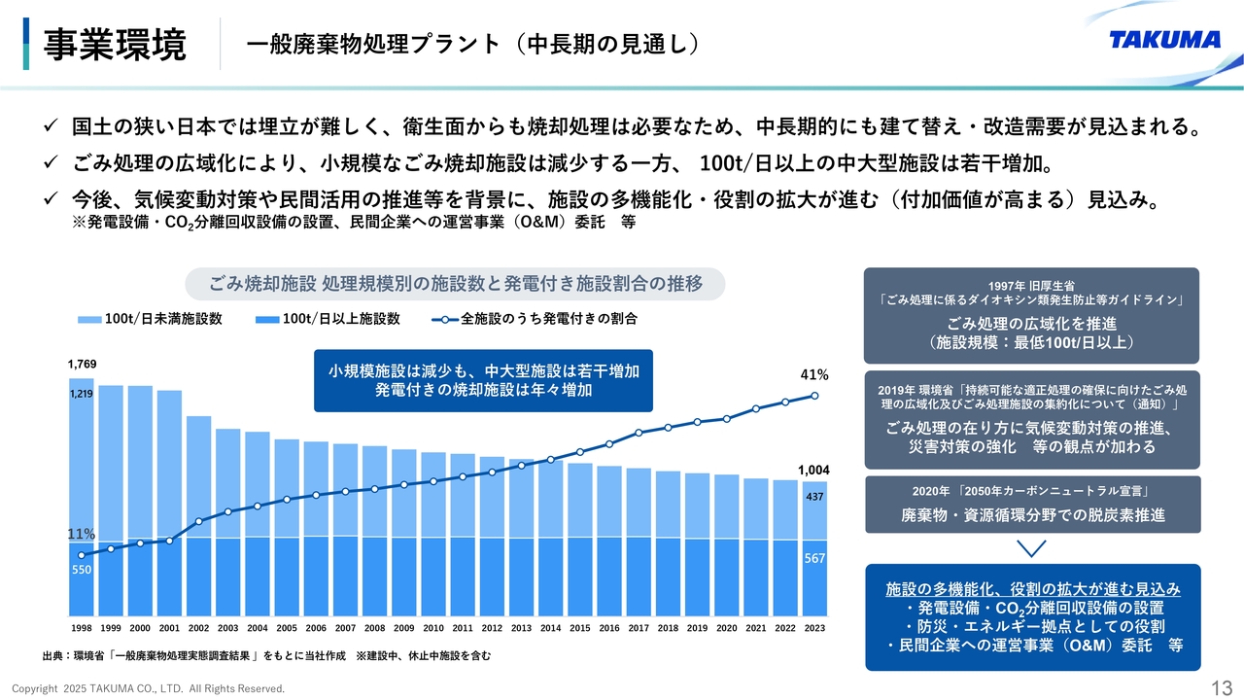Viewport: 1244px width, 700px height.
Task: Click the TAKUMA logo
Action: pos(1164,40)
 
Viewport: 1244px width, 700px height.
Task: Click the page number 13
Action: pos(1222,688)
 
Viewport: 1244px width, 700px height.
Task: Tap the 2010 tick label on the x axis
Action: pos(433,628)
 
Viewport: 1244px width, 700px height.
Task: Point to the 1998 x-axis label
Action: pos(82,628)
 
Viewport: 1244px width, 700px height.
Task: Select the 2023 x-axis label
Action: pos(814,628)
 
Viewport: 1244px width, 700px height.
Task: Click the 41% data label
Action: pos(814,374)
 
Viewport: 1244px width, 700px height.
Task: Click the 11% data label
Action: pos(82,534)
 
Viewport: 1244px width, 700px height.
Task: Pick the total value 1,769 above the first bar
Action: pos(82,364)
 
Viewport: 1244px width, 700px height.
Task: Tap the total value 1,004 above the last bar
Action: pos(813,470)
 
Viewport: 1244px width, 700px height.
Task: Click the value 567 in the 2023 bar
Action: pos(814,559)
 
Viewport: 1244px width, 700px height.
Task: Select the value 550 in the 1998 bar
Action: pos(82,570)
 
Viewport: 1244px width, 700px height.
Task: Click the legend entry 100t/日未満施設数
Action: pos(151,319)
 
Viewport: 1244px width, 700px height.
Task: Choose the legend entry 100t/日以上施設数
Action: pos(328,319)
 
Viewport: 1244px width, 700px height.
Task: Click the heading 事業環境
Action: pos(115,45)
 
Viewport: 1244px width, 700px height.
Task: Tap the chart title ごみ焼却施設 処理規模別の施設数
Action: pos(456,284)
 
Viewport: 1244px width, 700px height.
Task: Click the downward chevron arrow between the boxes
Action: pos(1032,549)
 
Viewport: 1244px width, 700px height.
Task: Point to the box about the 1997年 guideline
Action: pos(1032,316)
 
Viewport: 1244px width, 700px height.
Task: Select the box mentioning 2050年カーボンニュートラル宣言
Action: pos(1032,504)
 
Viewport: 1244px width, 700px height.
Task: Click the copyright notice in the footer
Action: pos(149,688)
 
